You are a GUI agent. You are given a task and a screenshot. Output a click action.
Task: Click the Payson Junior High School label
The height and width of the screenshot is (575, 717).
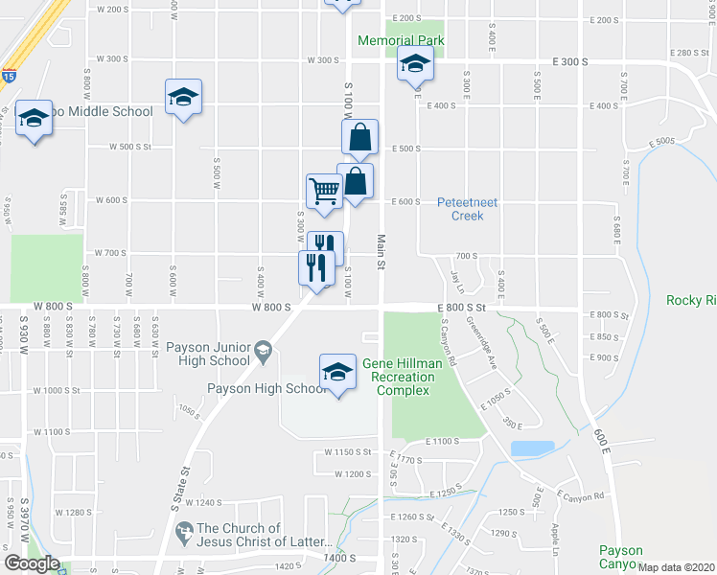tap(208, 354)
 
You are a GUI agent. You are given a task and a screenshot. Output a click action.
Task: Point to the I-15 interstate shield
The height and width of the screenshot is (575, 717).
tap(8, 75)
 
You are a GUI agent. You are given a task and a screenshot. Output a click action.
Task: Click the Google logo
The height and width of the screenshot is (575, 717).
tap(32, 563)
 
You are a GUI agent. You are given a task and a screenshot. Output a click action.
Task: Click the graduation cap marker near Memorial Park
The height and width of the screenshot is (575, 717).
tap(415, 65)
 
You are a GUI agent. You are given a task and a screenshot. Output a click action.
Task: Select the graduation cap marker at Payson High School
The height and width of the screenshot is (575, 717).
tap(336, 373)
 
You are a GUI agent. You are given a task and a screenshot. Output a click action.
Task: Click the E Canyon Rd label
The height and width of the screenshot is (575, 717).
tap(585, 495)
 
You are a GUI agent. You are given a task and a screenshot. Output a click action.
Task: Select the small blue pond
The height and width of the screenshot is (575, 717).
tap(532, 448)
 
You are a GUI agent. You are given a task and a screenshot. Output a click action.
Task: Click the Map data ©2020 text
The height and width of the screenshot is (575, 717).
tap(677, 567)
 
